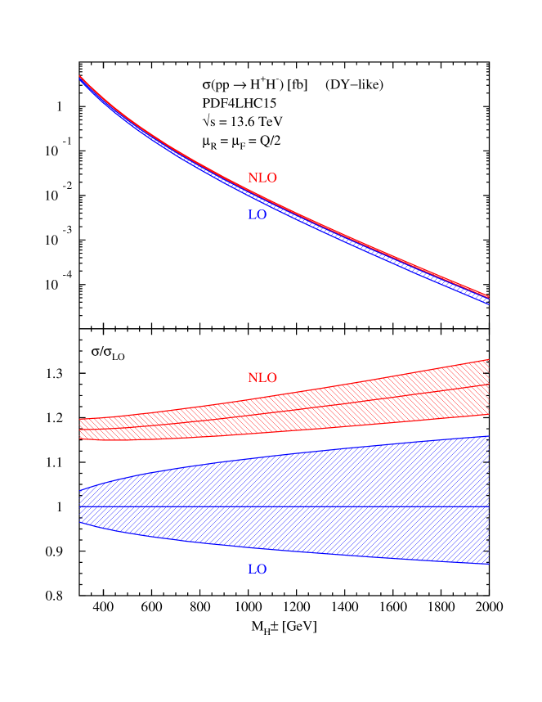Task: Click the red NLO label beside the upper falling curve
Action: pos(262,178)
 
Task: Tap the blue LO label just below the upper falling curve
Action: pos(257,215)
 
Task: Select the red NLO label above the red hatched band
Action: pos(262,378)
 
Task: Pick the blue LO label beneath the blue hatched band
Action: pos(257,569)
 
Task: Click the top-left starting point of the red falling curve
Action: pos(80,76)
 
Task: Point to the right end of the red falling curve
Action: pos(489,296)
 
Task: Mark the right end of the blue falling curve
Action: pos(489,304)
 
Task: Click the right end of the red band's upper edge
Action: pos(489,360)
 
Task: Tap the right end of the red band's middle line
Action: pos(489,385)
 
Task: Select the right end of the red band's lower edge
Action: pos(489,414)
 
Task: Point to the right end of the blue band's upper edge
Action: pos(489,436)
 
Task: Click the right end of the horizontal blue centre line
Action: pos(489,506)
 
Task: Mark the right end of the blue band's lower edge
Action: pos(489,564)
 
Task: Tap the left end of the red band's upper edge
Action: pos(80,419)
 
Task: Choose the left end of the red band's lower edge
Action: pos(80,438)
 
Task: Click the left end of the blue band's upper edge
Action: pos(80,490)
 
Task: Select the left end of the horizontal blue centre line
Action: pos(80,506)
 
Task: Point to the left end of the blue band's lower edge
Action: pos(80,523)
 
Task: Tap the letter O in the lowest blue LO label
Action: pos(261,569)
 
